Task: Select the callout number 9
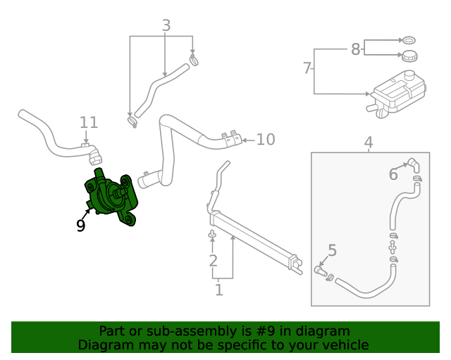(81, 226)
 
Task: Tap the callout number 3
(166, 26)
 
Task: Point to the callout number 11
(88, 122)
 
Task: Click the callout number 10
(265, 139)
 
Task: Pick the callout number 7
(307, 68)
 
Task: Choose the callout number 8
(356, 49)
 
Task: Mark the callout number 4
(368, 143)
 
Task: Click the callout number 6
(393, 174)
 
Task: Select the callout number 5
(332, 250)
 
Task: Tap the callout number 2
(213, 262)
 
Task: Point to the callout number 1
(218, 289)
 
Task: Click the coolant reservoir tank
(397, 94)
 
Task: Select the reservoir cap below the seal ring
(408, 56)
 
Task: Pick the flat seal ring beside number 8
(408, 39)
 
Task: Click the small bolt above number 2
(212, 233)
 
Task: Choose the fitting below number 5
(321, 269)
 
